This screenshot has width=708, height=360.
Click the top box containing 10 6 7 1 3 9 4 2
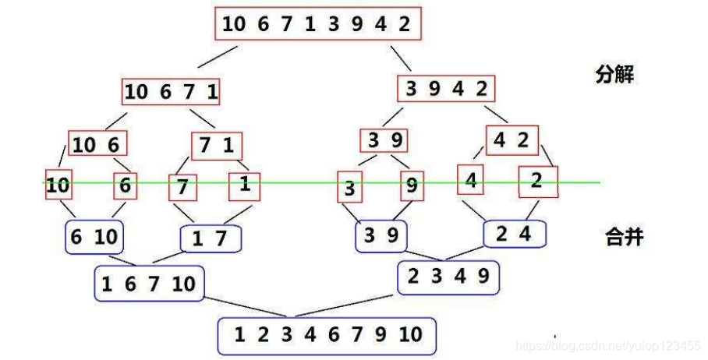pos(317,23)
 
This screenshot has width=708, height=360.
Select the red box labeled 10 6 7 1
pos(171,92)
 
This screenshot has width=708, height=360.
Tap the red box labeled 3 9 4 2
pos(446,88)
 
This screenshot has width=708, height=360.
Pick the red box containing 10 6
pos(97,144)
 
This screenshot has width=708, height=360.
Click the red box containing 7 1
pos(217,146)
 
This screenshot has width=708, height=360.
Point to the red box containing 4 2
pos(512,140)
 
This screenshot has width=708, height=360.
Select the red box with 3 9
pos(384,140)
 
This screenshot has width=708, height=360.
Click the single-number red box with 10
pos(57,185)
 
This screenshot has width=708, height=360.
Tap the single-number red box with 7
pos(183,187)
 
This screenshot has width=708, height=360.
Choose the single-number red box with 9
pos(412,185)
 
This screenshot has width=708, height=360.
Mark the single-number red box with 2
pos(538,182)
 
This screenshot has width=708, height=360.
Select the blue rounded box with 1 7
pos(210,238)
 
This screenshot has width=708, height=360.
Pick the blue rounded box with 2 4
pos(515,233)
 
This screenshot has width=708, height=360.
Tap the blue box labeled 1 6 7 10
pos(149,284)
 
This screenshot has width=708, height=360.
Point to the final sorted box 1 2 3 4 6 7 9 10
pos(327,335)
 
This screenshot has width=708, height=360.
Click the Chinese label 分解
pos(614,75)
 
